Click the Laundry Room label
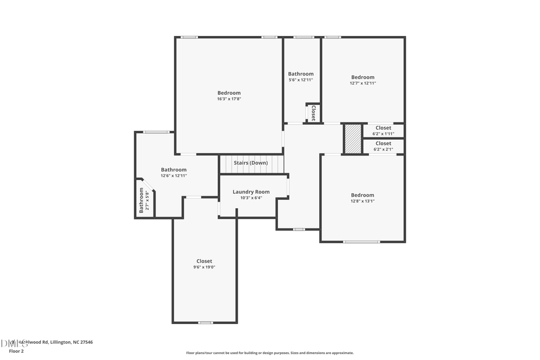point(251,192)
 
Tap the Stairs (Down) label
point(251,163)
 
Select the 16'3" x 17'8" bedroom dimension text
point(229,99)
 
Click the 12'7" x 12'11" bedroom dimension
point(363,83)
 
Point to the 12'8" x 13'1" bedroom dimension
point(362,201)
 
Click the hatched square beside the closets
point(353,139)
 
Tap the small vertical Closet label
point(313,113)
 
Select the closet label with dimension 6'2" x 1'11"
point(383,128)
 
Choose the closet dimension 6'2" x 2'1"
point(383,149)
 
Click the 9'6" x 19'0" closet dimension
point(204,267)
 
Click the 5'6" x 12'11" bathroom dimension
point(301,80)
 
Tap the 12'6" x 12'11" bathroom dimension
point(173,176)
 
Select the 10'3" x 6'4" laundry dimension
point(251,197)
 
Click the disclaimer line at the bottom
point(270,353)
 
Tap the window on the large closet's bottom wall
point(205,323)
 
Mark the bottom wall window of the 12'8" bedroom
point(361,242)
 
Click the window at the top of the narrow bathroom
point(304,37)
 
